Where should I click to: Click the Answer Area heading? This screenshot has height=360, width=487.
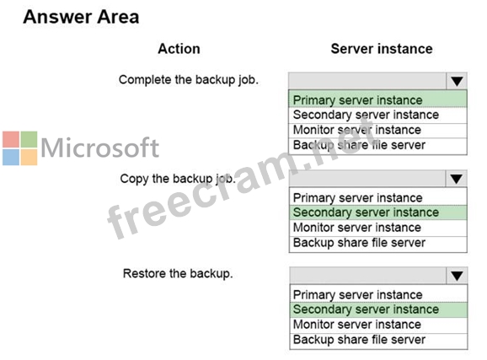pos(81,17)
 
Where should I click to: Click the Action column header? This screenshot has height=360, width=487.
pos(179,49)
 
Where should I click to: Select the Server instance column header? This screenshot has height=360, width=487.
pos(382,49)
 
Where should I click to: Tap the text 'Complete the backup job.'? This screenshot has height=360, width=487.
pos(189,80)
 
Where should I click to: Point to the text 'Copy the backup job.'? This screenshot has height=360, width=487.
pos(178,179)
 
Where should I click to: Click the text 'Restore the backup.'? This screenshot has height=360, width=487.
pos(178,273)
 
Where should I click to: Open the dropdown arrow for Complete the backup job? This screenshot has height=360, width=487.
pos(457,82)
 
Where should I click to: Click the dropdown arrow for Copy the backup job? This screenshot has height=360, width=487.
pos(457,179)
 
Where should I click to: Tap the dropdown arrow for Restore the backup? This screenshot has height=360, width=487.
pos(457,276)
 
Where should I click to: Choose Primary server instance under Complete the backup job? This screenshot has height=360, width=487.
pos(358,100)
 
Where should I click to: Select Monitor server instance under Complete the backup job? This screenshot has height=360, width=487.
pos(357,130)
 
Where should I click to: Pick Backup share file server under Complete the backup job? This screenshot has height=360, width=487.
pos(359,145)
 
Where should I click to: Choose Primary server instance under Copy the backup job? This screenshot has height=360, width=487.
pos(358,198)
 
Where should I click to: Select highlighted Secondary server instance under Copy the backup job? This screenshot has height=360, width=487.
pos(366,212)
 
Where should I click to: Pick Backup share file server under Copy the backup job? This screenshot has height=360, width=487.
pos(359,243)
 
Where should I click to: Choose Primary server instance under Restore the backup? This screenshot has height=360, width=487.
pos(358,295)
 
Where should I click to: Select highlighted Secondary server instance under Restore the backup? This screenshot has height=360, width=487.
pos(366,309)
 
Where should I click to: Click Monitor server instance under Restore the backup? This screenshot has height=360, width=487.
pos(357,325)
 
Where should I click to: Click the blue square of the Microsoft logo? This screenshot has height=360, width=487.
pos(11,158)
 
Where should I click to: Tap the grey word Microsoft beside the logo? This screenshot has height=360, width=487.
pos(99,148)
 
